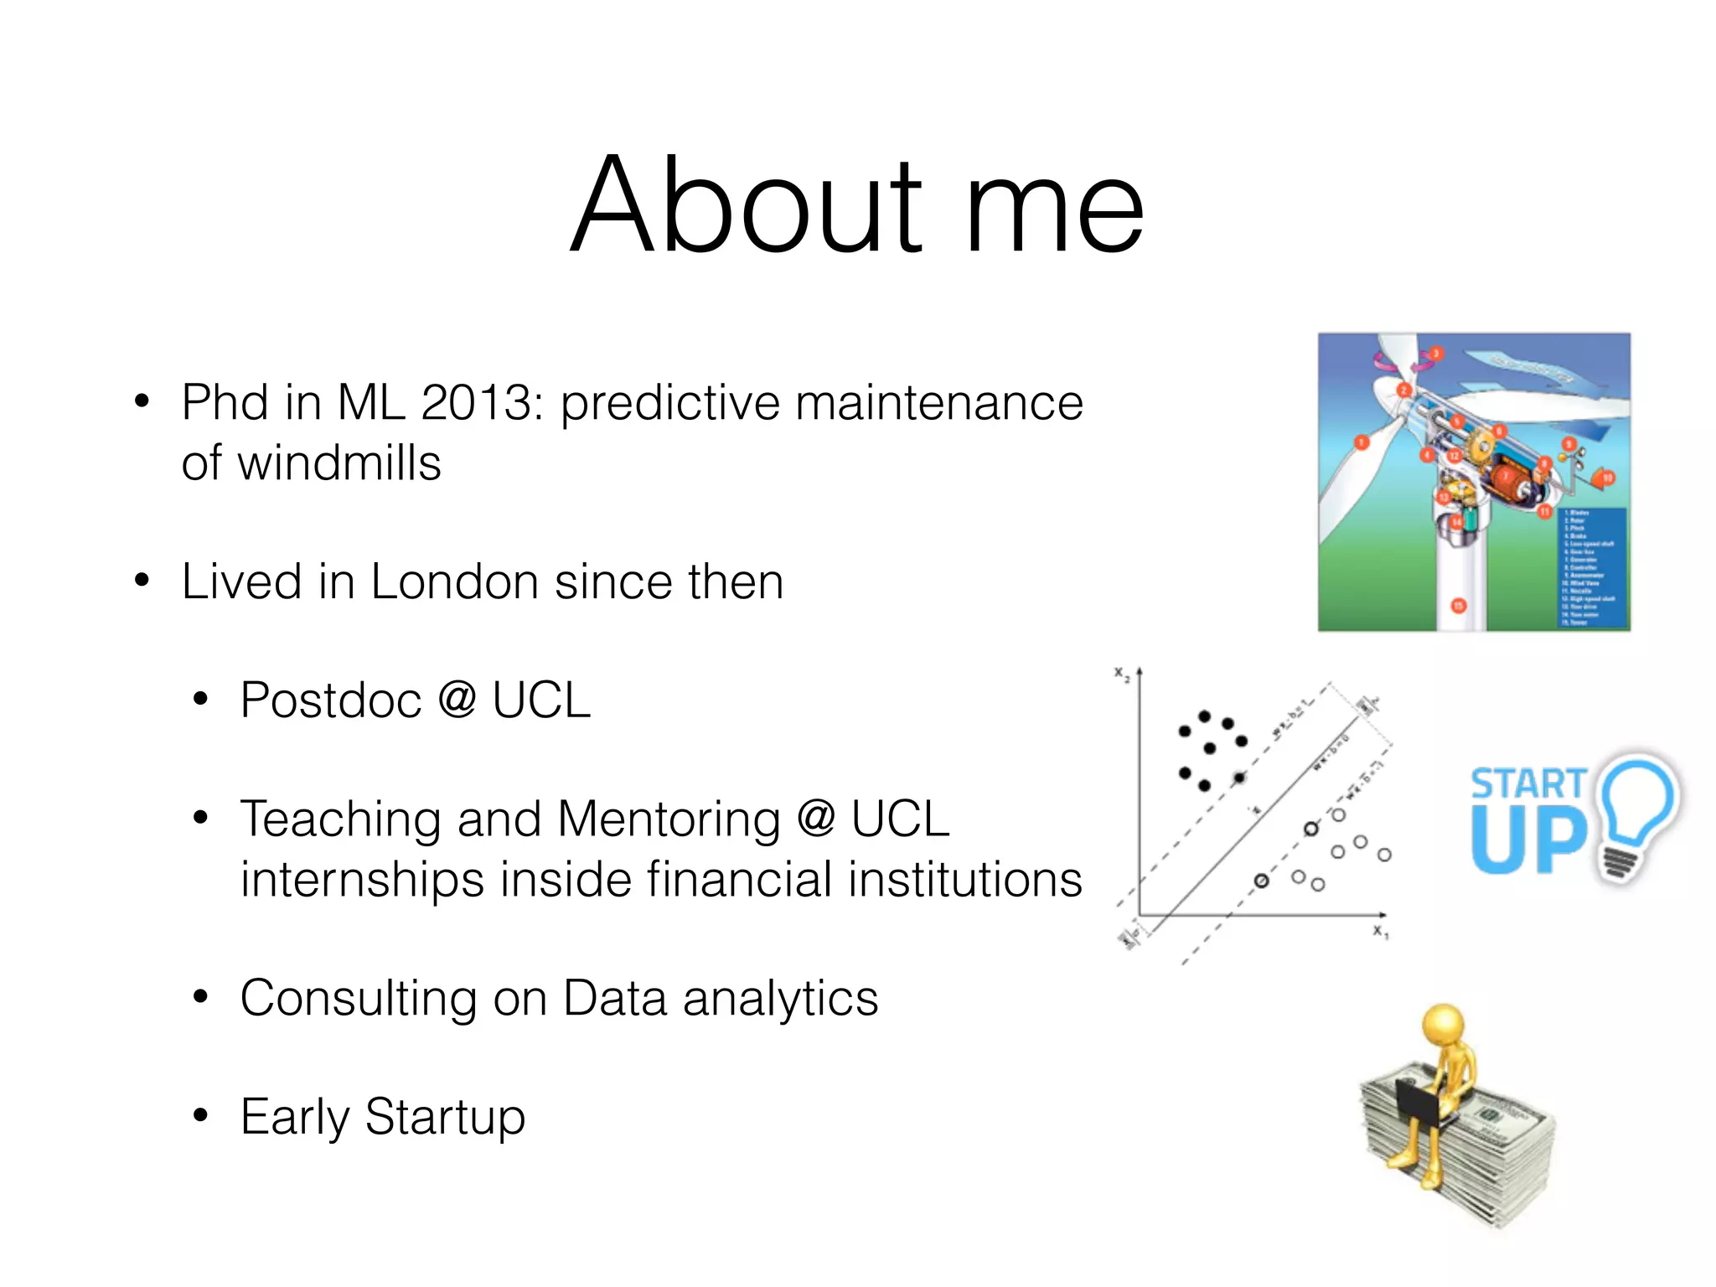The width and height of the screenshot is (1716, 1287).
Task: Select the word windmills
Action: pos(339,463)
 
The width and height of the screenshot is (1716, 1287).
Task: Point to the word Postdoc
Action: pos(331,700)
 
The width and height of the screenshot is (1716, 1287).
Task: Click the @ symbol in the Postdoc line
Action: pos(457,700)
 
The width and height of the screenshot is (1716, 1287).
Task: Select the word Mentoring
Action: pos(669,819)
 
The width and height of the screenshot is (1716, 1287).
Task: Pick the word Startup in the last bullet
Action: pos(445,1117)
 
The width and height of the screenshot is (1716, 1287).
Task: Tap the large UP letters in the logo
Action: pos(1528,840)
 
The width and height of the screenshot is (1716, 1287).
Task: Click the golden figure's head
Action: pos(1443,1024)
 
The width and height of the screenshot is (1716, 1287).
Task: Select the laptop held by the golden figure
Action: pos(1416,1102)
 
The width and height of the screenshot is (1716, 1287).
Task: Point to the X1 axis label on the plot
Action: pos(1380,932)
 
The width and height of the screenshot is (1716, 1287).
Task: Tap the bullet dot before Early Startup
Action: pos(199,1116)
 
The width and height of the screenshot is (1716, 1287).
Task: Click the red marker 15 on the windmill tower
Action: pos(1459,605)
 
